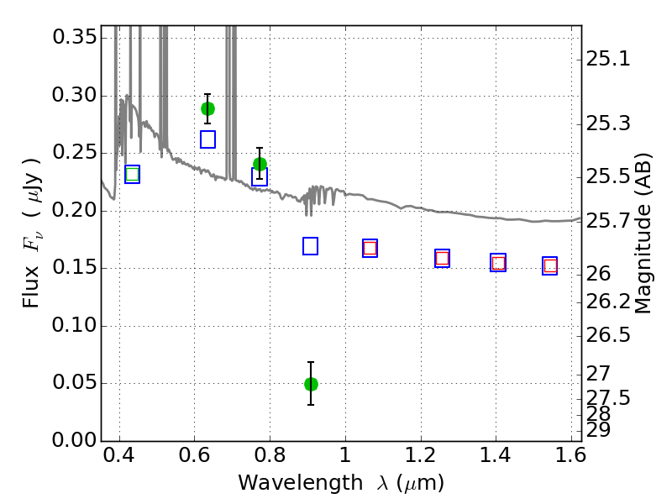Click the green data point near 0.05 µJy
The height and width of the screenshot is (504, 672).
[x=311, y=384]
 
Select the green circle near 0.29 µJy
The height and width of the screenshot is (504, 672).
[x=207, y=109]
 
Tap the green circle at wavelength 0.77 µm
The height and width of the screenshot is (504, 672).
[x=260, y=164]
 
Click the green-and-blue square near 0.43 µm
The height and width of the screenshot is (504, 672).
[x=133, y=174]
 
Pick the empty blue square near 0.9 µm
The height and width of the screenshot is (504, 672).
[x=310, y=246]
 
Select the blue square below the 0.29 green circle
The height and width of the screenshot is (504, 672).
[x=207, y=139]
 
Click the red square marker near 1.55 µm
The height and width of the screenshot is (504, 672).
[x=550, y=266]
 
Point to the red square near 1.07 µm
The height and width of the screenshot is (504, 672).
[x=370, y=248]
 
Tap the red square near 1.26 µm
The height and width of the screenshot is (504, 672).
[x=443, y=258]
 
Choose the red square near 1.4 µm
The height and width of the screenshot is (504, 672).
[x=498, y=263]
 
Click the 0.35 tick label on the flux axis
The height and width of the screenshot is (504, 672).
[x=75, y=37]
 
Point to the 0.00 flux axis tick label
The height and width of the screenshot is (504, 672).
[x=75, y=440]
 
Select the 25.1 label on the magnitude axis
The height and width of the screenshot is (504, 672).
[x=608, y=59]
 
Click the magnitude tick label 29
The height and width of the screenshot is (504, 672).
[x=598, y=430]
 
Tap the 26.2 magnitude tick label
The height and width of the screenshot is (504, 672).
[x=608, y=302]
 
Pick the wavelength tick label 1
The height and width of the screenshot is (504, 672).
[x=345, y=454]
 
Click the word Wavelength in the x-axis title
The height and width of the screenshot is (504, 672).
[x=301, y=482]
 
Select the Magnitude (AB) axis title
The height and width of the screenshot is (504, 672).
[x=642, y=233]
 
